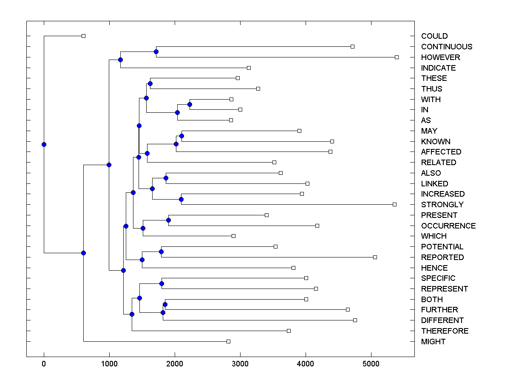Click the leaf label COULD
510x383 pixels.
(x=434, y=36)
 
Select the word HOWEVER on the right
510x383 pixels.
(x=441, y=57)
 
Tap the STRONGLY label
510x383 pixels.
(x=442, y=205)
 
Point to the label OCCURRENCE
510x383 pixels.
(x=448, y=226)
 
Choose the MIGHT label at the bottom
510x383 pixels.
(x=433, y=342)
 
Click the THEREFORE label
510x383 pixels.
(x=445, y=331)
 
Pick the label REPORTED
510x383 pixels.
(x=442, y=257)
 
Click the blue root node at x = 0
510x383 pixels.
(x=44, y=144)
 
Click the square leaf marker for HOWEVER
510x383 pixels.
(x=397, y=57)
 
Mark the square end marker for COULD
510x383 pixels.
(x=83, y=36)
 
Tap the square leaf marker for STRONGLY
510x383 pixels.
(x=394, y=204)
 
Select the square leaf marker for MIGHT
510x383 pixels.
(x=228, y=341)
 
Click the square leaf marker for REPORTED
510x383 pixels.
(x=375, y=257)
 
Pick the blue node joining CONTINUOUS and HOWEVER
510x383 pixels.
(x=156, y=51)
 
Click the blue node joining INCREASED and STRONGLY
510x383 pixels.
(x=181, y=199)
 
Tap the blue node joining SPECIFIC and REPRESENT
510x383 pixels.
(x=161, y=283)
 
